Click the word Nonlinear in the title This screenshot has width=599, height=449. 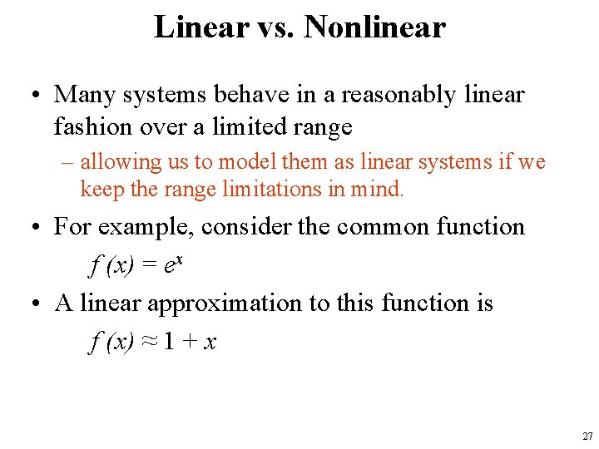(x=374, y=27)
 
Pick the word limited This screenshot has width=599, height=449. (x=262, y=127)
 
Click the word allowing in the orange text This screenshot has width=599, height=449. (x=117, y=161)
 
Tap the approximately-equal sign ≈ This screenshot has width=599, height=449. (x=149, y=341)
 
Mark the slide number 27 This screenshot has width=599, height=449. (x=587, y=437)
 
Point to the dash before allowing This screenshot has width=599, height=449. (x=69, y=162)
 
